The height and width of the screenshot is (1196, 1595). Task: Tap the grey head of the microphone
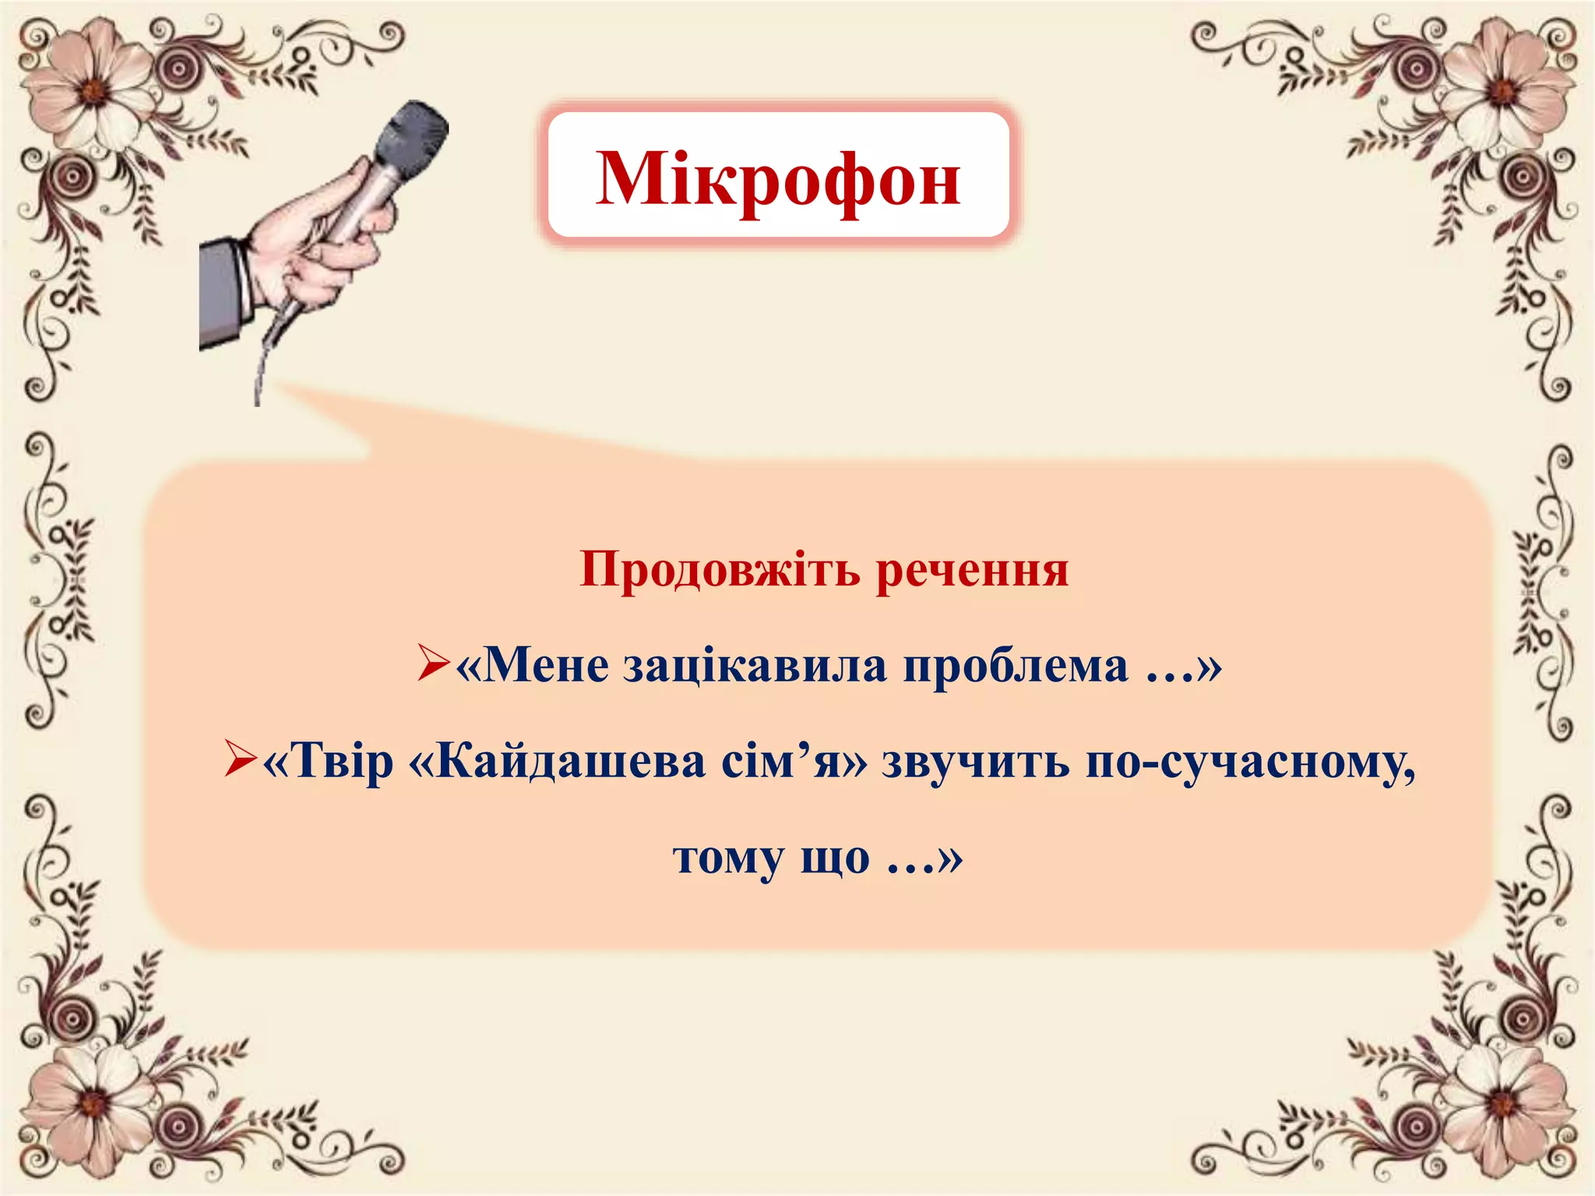click(x=413, y=136)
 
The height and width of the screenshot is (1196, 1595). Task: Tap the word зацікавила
click(x=755, y=667)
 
